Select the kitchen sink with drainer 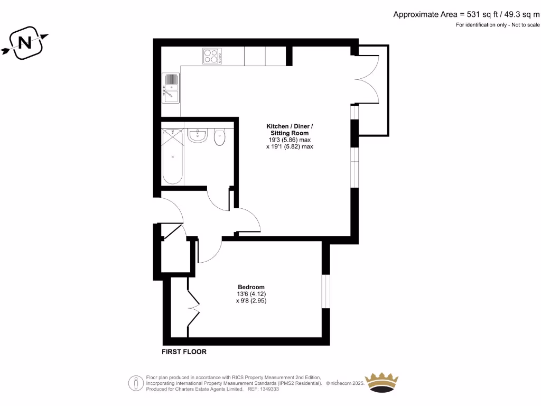[171, 88]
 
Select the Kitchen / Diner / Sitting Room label [290, 130]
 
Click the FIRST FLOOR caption [184, 352]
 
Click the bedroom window [326, 291]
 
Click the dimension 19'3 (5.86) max [290, 140]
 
